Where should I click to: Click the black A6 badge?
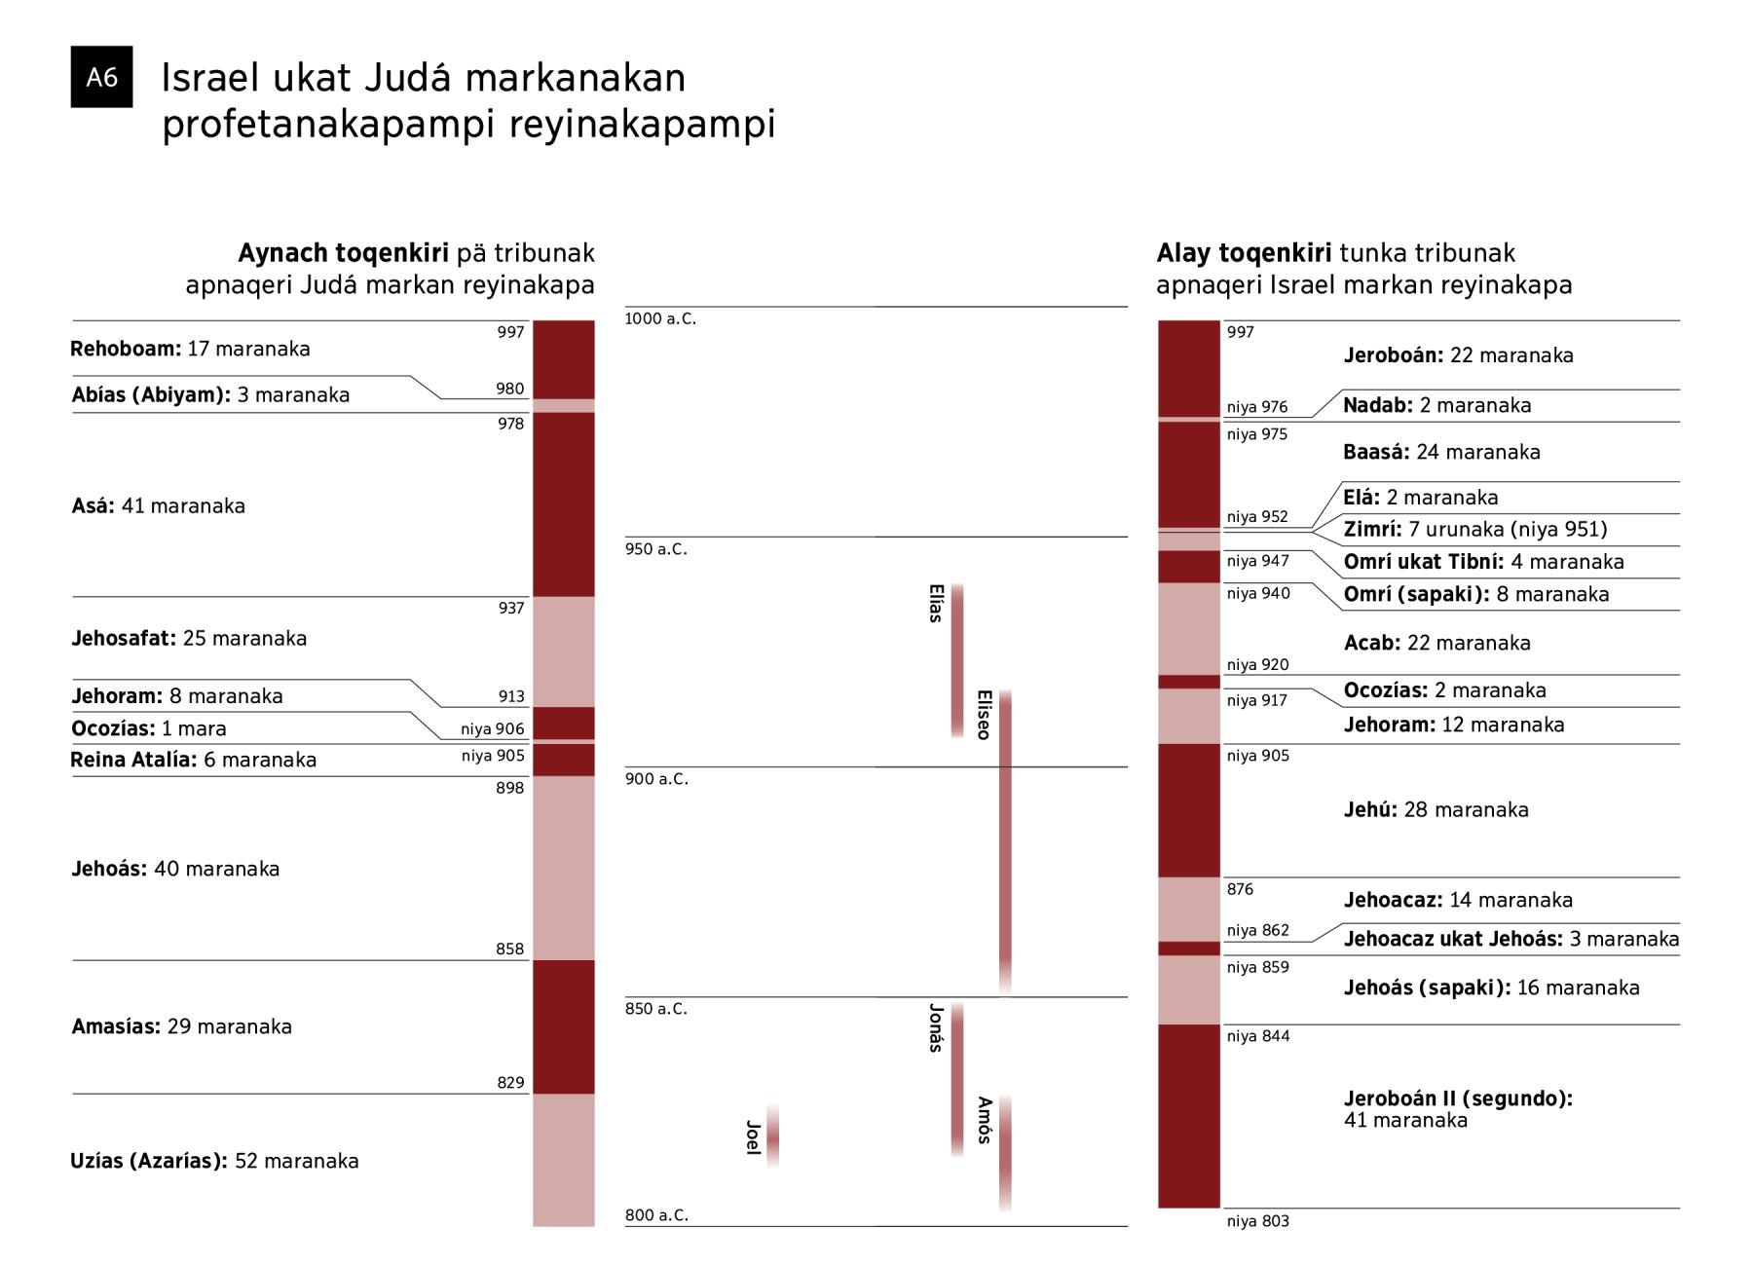(101, 77)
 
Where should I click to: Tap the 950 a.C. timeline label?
(655, 549)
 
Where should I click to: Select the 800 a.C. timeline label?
(656, 1215)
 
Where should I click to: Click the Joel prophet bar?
(772, 1136)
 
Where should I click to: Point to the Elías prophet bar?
(957, 660)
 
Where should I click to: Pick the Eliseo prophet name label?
(984, 715)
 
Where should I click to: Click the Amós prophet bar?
(1005, 1153)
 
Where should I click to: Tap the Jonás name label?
(936, 1028)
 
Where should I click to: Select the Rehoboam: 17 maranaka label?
(190, 349)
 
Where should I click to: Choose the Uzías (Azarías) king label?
(149, 1161)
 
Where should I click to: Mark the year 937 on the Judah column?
(511, 608)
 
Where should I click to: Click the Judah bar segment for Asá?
(564, 504)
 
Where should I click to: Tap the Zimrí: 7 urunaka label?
(1475, 529)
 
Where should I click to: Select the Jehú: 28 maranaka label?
(1436, 809)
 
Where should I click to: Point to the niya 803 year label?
(1258, 1221)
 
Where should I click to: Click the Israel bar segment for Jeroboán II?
(1189, 1116)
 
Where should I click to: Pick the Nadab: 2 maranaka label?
(1437, 405)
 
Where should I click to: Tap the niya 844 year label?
(1258, 1036)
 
